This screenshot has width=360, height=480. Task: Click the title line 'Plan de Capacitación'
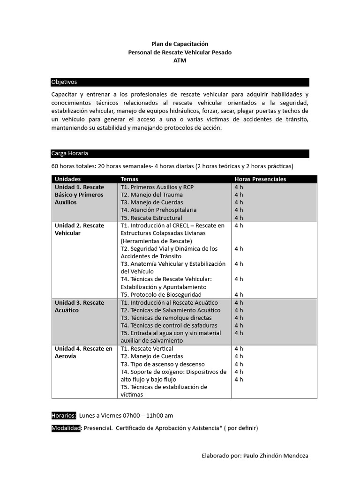[x=180, y=44]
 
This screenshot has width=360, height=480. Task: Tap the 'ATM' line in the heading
[x=180, y=60]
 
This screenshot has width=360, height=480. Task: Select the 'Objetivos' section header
[x=64, y=82]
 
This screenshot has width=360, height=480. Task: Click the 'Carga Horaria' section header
[x=70, y=153]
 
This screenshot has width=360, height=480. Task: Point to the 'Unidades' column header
[x=67, y=179]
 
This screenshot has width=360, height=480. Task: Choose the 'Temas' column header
[x=129, y=179]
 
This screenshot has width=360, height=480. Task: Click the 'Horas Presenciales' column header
[x=260, y=179]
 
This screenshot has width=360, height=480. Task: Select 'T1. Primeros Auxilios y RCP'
[x=157, y=187]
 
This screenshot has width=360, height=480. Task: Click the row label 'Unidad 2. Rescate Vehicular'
[x=79, y=229]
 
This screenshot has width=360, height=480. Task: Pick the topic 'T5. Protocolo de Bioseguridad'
[x=161, y=295]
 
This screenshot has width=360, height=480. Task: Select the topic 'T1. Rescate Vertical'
[x=147, y=349]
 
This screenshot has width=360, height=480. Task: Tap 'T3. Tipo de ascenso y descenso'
[x=159, y=364]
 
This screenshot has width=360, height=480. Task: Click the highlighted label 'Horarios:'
[x=64, y=415]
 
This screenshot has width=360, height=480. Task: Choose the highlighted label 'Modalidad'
[x=66, y=428]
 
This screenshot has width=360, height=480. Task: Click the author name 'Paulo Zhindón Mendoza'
[x=276, y=456]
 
